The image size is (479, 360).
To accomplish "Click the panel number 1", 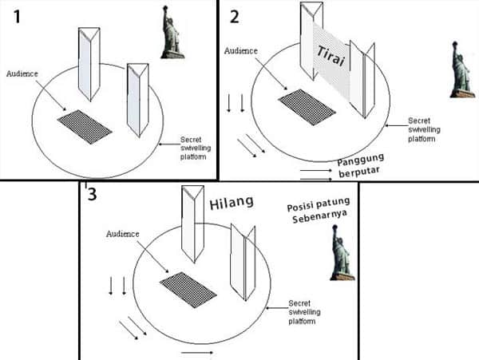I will click(16, 16).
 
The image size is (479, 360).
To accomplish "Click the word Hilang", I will click(231, 202).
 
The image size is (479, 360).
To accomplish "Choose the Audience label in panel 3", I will click(123, 234).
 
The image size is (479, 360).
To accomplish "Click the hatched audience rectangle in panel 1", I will click(85, 125).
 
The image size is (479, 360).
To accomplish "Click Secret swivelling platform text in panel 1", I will click(196, 146).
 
